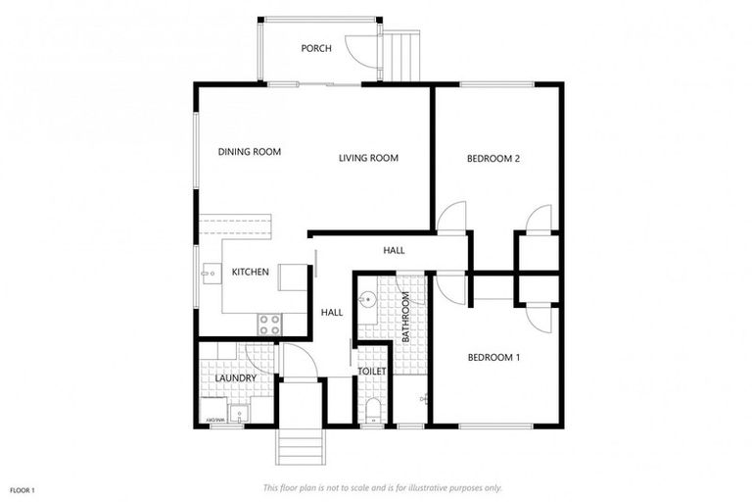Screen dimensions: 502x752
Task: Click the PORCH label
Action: pyautogui.click(x=316, y=48)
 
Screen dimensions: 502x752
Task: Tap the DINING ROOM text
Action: pyautogui.click(x=249, y=152)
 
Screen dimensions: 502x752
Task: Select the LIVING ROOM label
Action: pyautogui.click(x=368, y=158)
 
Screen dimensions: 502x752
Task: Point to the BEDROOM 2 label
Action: pyautogui.click(x=492, y=159)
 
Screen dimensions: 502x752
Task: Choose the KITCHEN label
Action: pyautogui.click(x=250, y=272)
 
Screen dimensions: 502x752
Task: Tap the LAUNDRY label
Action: pyautogui.click(x=235, y=377)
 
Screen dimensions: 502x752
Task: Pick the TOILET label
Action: pyautogui.click(x=372, y=372)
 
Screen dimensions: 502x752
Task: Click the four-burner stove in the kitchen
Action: pyautogui.click(x=269, y=324)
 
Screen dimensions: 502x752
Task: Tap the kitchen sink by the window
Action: pyautogui.click(x=209, y=274)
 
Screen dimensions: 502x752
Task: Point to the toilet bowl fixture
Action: pyautogui.click(x=371, y=411)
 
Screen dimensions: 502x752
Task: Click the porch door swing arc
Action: pyautogui.click(x=364, y=54)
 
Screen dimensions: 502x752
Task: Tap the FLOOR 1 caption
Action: pyautogui.click(x=22, y=489)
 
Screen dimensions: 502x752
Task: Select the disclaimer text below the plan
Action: pyautogui.click(x=382, y=487)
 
